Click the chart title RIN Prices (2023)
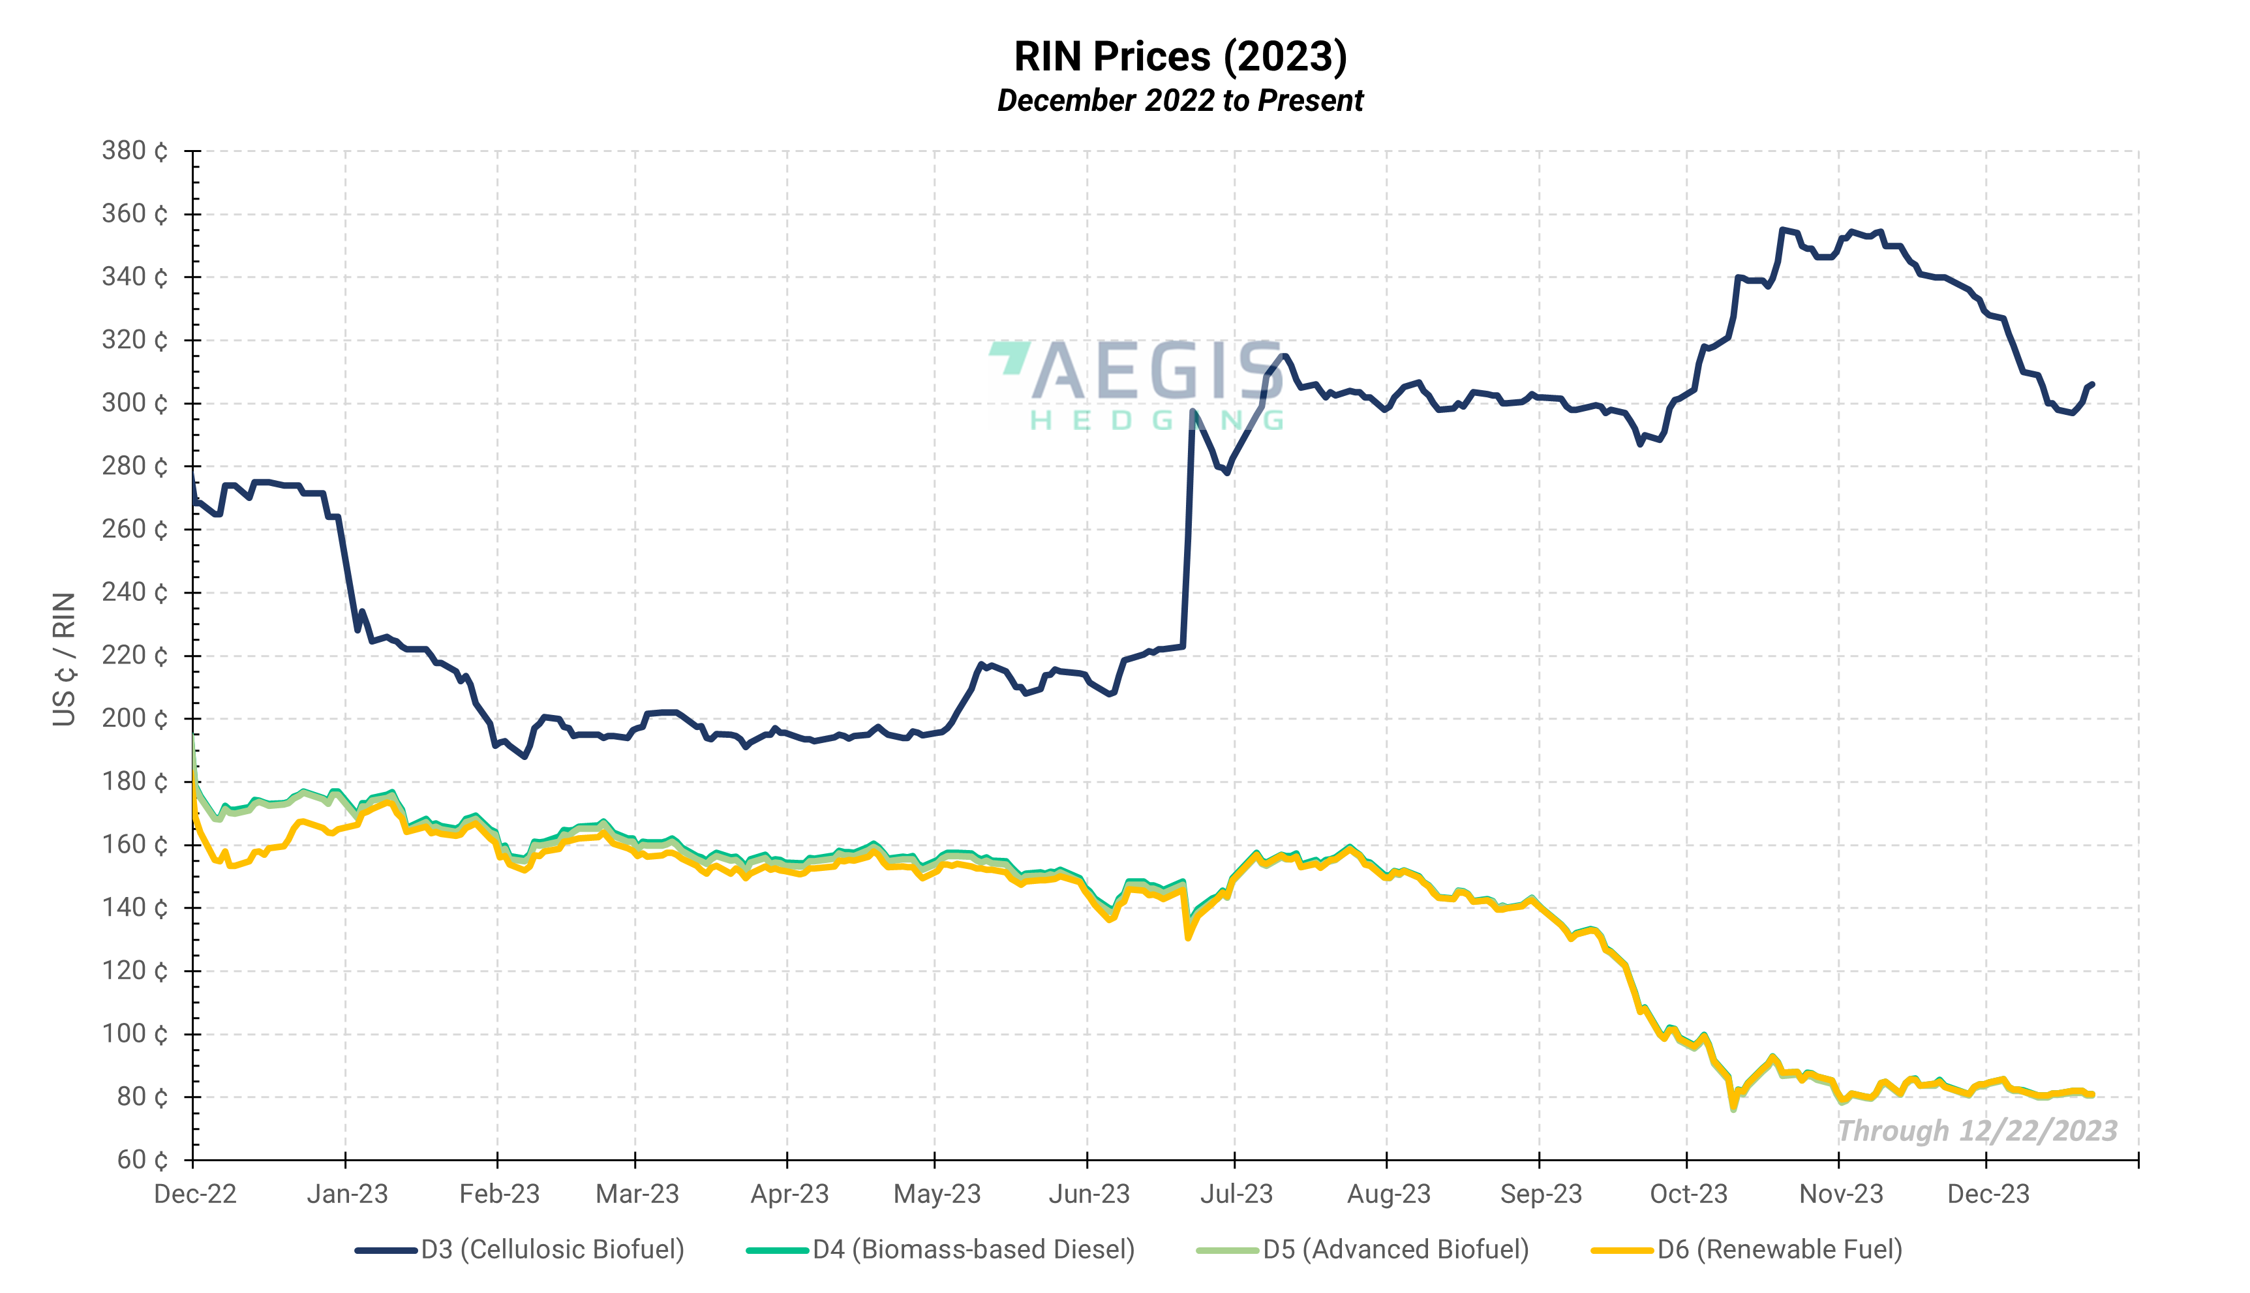click(x=1180, y=57)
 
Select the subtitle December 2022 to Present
click(x=1180, y=100)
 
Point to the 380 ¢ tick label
click(x=134, y=151)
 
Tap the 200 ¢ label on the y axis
click(x=134, y=718)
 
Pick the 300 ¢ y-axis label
click(x=134, y=403)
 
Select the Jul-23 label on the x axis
click(x=1236, y=1194)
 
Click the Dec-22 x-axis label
click(x=195, y=1194)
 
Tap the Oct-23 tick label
click(x=1688, y=1194)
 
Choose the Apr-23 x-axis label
click(x=789, y=1194)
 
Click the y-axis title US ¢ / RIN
click(x=64, y=659)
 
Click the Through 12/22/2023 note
click(x=1977, y=1131)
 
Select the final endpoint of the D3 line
click(x=2093, y=384)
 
